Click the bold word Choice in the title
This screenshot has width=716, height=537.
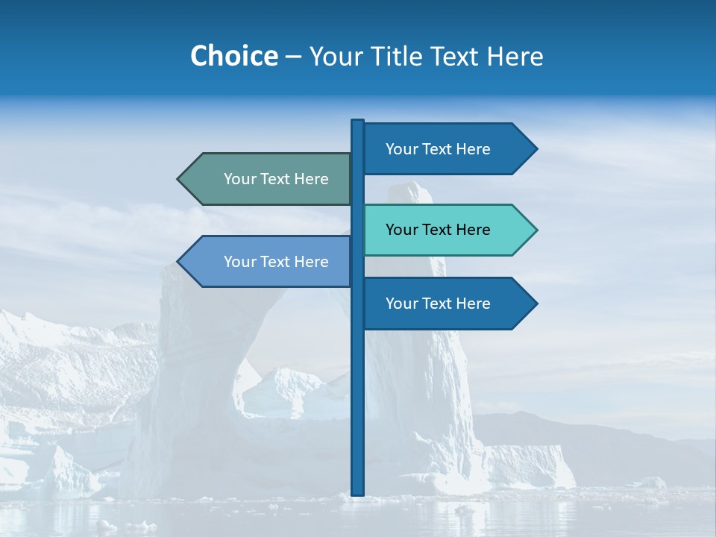[233, 56]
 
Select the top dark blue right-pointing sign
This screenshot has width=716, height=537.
[447, 149]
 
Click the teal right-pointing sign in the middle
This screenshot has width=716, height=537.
[447, 230]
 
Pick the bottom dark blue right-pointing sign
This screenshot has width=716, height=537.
[447, 304]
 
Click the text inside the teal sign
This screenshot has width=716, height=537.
[438, 230]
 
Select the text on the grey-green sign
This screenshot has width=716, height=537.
[276, 179]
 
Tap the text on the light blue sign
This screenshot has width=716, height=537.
[276, 262]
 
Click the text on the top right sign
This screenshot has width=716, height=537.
[438, 149]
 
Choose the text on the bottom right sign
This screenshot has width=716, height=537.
[438, 304]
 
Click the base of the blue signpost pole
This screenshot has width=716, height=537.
[358, 491]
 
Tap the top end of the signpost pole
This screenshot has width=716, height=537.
[358, 122]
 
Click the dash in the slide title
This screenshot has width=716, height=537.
[293, 57]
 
